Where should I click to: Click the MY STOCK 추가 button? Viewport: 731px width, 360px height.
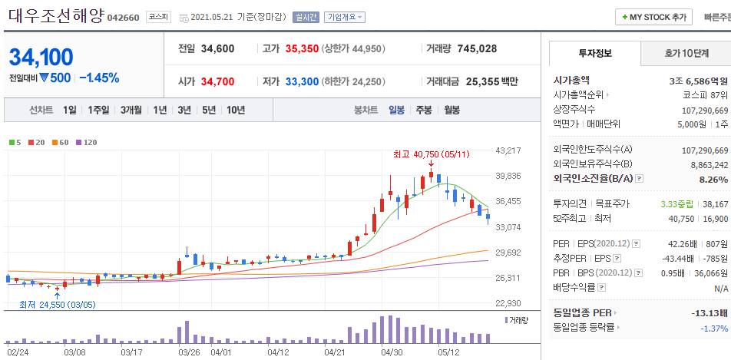click(654, 17)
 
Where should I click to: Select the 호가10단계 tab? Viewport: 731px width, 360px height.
click(686, 53)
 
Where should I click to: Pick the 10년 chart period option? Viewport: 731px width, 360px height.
click(236, 110)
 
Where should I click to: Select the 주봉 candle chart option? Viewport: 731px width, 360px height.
click(424, 110)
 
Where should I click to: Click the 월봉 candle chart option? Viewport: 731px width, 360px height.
click(451, 110)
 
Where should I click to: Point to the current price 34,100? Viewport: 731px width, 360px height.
click(41, 58)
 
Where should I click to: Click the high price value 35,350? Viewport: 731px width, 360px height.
click(302, 48)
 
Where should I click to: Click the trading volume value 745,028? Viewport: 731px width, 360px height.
click(477, 48)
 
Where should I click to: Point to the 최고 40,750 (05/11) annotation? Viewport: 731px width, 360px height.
click(431, 154)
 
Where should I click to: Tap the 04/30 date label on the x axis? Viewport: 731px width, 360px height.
click(392, 352)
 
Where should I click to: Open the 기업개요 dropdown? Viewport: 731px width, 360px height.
click(345, 17)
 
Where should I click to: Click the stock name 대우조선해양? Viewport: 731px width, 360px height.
click(55, 15)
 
